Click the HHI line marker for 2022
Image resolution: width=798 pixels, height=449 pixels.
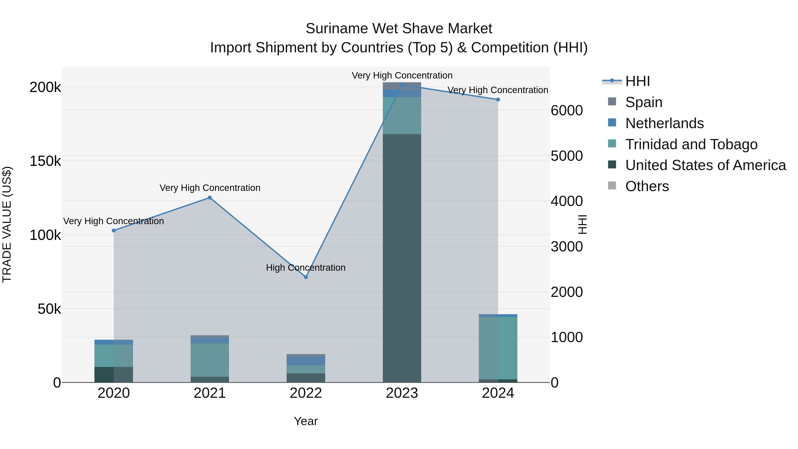click(x=306, y=277)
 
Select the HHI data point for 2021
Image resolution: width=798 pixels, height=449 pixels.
click(x=210, y=198)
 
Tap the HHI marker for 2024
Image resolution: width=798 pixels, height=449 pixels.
click(x=498, y=100)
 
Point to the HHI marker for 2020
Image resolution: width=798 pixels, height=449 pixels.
click(x=114, y=231)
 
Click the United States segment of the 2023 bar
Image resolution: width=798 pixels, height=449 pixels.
click(x=402, y=257)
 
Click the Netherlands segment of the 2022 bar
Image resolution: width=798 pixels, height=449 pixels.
click(x=306, y=361)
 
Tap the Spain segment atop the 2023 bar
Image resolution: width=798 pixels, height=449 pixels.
click(x=402, y=86)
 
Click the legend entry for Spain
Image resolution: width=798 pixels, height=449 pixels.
click(x=643, y=102)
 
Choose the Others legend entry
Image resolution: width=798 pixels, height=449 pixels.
click(x=647, y=186)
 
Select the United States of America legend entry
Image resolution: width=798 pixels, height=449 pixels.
click(x=705, y=165)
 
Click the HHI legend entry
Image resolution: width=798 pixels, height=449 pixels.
click(x=637, y=81)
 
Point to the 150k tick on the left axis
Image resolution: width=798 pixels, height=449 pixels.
click(x=45, y=161)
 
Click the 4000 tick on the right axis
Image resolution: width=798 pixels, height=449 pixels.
click(x=567, y=201)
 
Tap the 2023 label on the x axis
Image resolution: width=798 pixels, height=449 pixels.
click(x=402, y=393)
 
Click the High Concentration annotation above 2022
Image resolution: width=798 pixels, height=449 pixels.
click(x=306, y=267)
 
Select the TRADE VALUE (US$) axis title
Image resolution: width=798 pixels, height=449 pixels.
click(x=7, y=224)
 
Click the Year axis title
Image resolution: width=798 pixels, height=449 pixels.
click(x=306, y=421)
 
